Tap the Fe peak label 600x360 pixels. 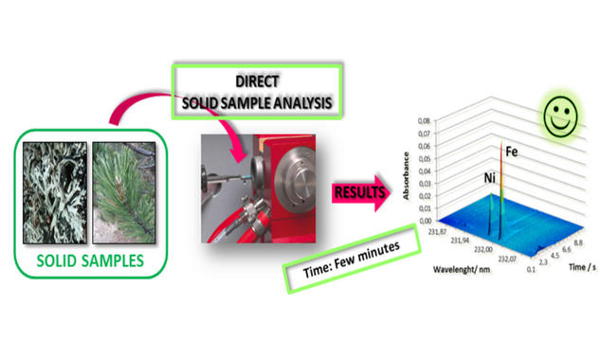(x=512, y=150)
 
